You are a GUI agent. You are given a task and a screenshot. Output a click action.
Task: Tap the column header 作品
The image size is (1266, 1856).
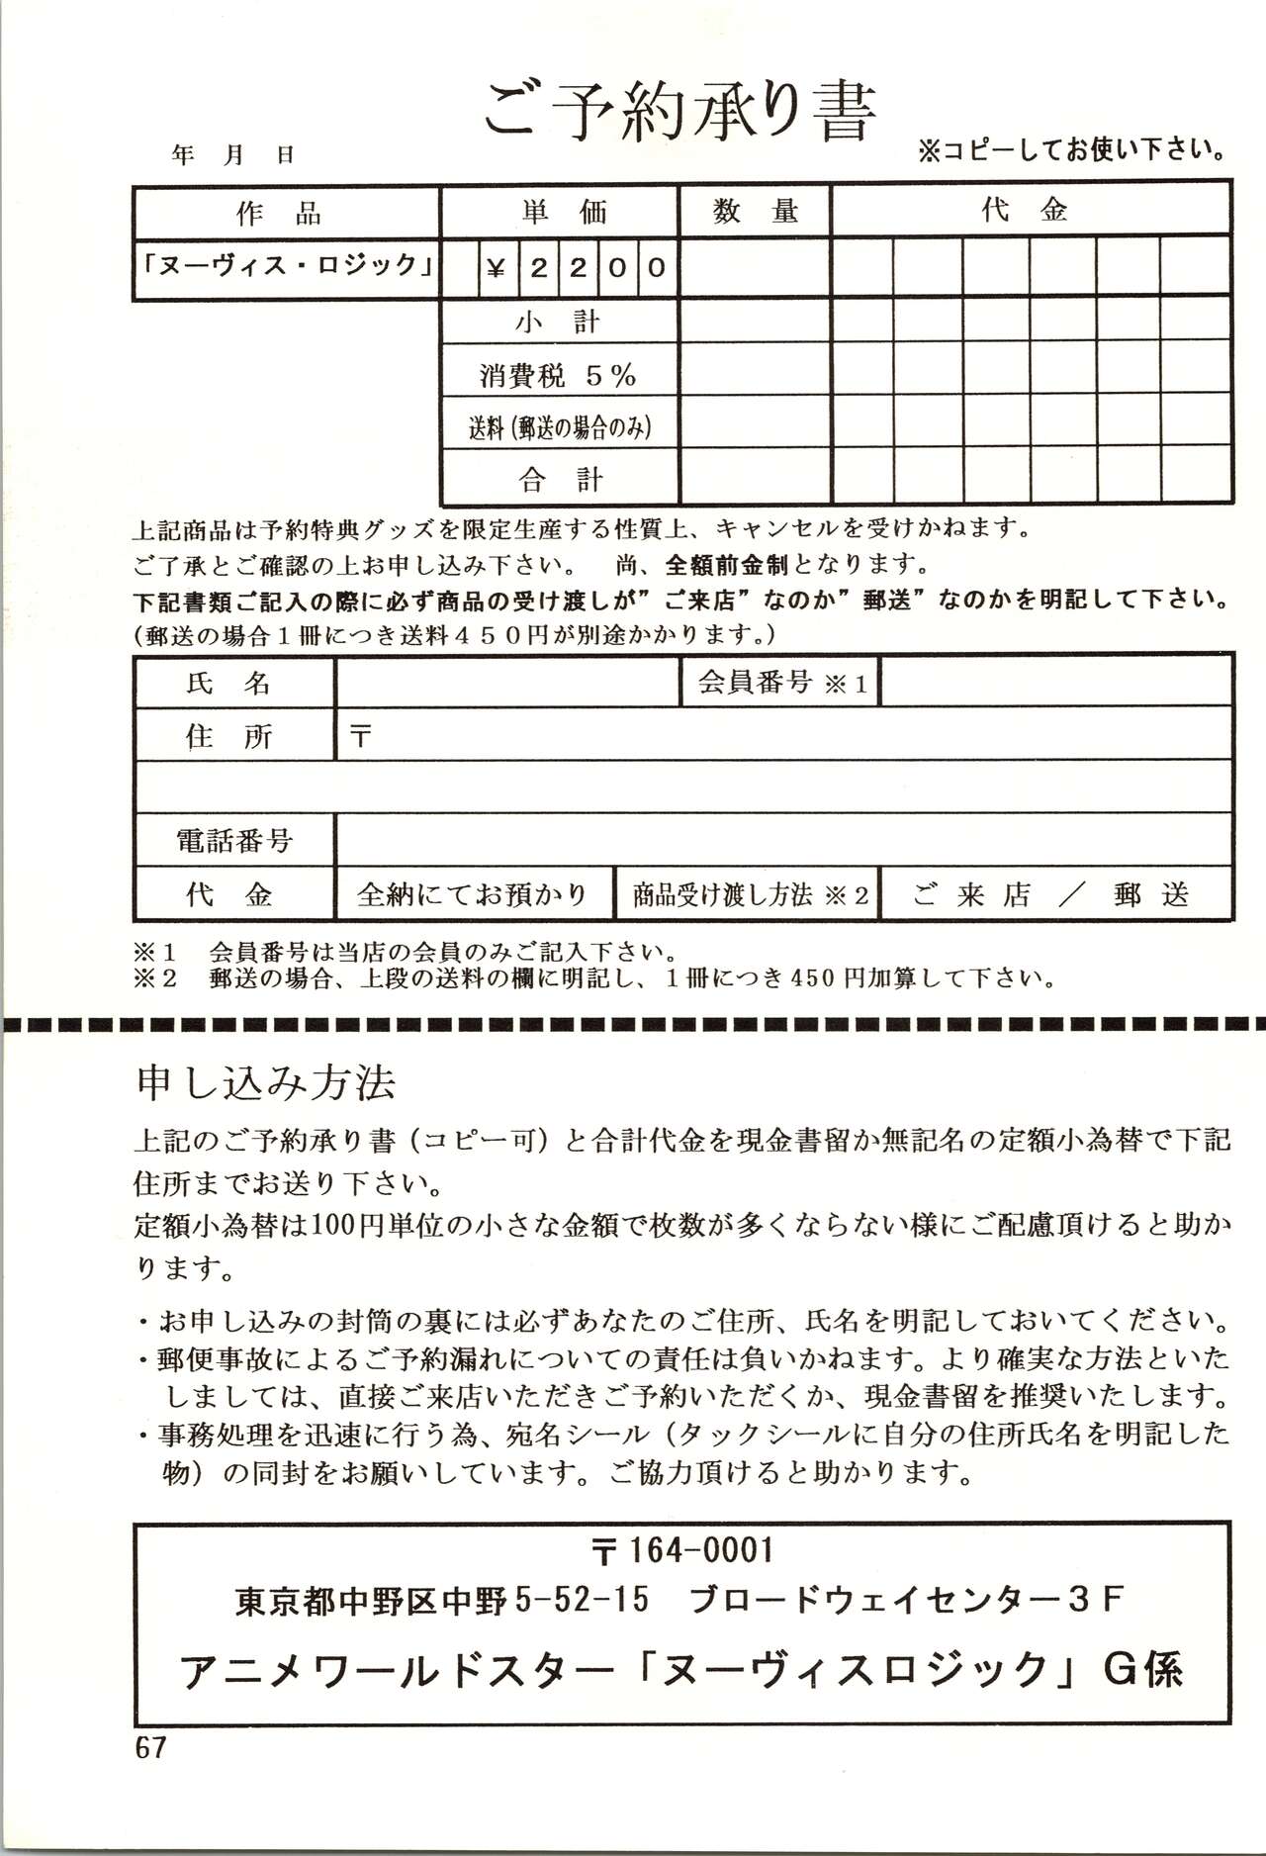pos(279,213)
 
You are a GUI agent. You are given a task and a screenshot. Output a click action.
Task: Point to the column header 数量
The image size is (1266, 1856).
pos(755,211)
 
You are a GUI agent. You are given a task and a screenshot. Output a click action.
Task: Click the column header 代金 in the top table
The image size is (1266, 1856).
pos(1025,210)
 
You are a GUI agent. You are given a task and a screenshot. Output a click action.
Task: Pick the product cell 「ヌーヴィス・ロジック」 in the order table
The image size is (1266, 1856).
pos(287,266)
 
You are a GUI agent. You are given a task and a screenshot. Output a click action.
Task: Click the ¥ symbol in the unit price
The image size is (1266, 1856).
pos(497,267)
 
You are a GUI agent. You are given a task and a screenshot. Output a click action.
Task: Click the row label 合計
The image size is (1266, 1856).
pos(560,480)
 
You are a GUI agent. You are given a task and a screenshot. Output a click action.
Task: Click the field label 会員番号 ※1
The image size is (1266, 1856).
pos(781,683)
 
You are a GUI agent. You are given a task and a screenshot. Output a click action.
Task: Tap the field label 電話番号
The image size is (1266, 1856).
pos(234,841)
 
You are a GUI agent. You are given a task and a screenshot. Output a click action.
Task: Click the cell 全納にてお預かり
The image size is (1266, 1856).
pos(472,895)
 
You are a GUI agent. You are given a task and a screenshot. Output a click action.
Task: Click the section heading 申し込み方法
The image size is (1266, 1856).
pos(266,1083)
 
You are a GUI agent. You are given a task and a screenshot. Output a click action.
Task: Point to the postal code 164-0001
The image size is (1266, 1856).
pos(700,1549)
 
